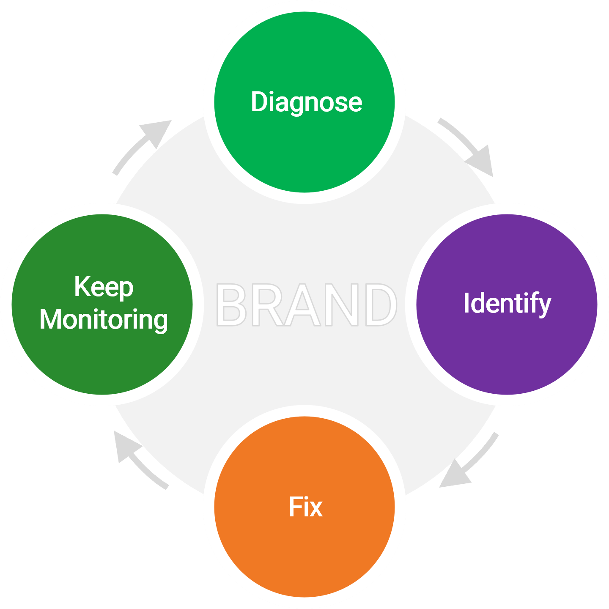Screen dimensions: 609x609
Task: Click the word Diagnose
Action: pos(306,102)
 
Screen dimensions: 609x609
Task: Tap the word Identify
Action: pos(507,304)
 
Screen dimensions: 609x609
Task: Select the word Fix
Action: pos(305,507)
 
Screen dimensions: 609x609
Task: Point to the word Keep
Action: pos(104,288)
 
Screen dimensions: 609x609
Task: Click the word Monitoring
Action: pos(104,320)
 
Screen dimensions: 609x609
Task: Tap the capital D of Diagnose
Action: pos(259,102)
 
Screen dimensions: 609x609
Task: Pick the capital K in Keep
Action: pos(82,287)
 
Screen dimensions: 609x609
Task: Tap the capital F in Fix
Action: pos(294,507)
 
